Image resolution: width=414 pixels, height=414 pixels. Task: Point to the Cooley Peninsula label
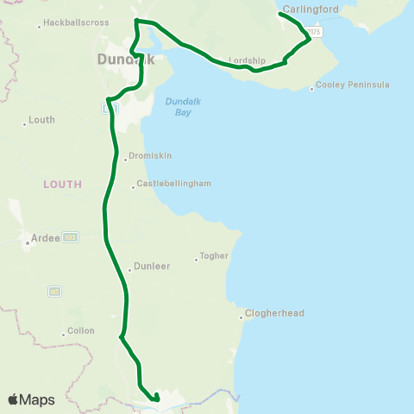point(353,85)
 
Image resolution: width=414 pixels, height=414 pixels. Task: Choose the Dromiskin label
point(150,157)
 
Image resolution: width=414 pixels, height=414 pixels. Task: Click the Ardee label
point(46,239)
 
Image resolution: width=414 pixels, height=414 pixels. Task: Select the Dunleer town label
point(150,267)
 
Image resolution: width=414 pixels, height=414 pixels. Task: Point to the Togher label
point(214,256)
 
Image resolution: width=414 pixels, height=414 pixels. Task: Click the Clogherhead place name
point(274,313)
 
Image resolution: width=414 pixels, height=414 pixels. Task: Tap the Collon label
point(81,331)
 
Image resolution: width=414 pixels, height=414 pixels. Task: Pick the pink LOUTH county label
point(63,184)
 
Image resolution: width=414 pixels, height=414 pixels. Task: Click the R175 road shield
point(315,32)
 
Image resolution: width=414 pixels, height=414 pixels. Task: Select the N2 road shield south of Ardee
point(54,291)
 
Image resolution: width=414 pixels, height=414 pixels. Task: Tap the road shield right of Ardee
point(70,236)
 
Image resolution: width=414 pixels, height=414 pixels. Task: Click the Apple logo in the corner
point(14,399)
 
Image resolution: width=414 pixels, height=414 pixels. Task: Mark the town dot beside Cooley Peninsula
point(311,88)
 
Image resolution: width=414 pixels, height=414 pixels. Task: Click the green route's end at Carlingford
point(281,14)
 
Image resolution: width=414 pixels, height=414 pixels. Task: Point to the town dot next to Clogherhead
point(241,317)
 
